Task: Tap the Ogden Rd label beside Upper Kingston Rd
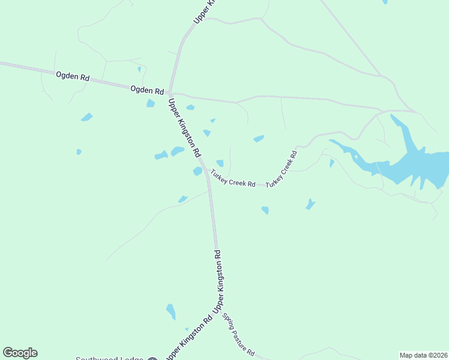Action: [147, 91]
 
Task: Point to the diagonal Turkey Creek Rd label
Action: [282, 168]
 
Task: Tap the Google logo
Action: [20, 353]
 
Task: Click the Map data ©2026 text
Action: [423, 355]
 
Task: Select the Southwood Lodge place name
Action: [109, 359]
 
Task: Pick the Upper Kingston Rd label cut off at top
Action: [203, 12]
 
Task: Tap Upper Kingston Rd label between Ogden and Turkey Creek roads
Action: [184, 127]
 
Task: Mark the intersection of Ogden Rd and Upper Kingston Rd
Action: [170, 94]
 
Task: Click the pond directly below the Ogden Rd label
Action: [151, 103]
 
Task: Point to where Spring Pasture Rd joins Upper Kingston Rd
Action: [217, 308]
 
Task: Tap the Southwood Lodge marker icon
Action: [152, 359]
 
